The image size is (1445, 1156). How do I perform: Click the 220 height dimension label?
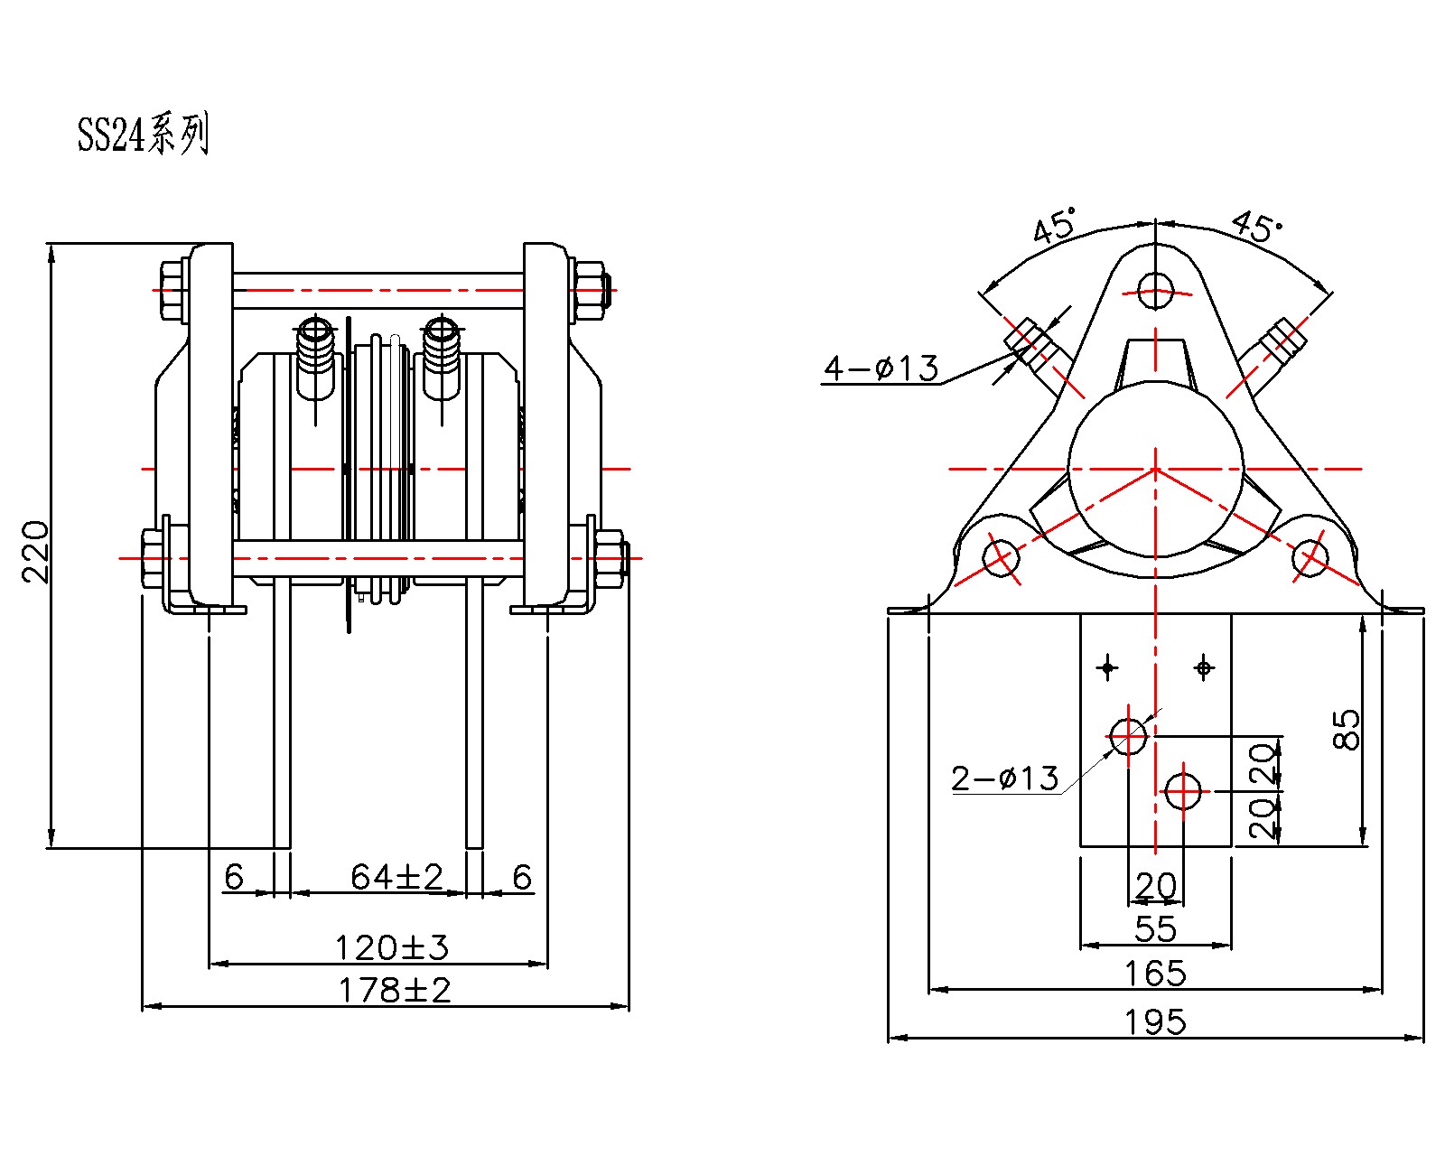(x=35, y=551)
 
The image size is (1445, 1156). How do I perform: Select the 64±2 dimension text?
(x=396, y=876)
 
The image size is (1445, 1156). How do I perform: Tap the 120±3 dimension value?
(x=391, y=947)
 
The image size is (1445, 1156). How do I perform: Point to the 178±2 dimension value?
(x=394, y=990)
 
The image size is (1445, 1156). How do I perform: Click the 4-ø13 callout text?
(x=881, y=368)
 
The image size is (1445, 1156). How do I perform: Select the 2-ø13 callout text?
(x=1004, y=778)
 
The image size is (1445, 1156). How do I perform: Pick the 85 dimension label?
(x=1346, y=729)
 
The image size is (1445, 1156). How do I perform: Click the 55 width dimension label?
(x=1155, y=928)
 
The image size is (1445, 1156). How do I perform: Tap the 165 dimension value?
(x=1155, y=974)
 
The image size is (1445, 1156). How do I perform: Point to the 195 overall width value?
(x=1155, y=1022)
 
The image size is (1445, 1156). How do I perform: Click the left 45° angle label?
(x=1056, y=225)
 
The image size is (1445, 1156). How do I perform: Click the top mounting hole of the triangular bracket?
(x=1155, y=291)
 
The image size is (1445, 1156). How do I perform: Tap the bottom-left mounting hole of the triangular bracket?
(x=1001, y=557)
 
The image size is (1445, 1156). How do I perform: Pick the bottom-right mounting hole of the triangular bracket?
(x=1310, y=557)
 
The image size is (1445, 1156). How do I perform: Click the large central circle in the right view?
(x=1155, y=469)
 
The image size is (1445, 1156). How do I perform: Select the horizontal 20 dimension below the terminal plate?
(x=1155, y=885)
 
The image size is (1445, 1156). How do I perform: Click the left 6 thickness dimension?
(x=234, y=876)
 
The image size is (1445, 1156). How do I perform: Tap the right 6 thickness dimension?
(x=522, y=876)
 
